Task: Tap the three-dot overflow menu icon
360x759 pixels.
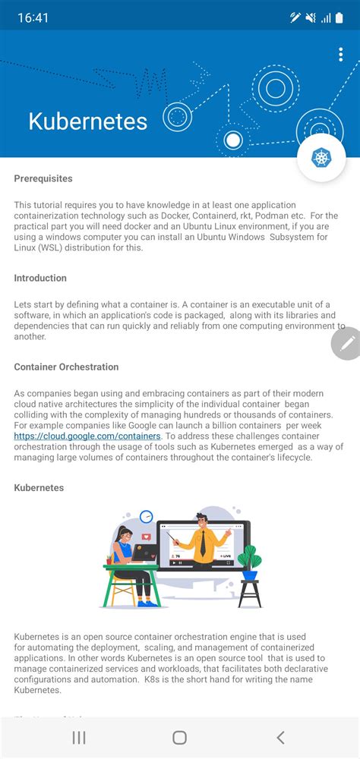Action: click(x=341, y=55)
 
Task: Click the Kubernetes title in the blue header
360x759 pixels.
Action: click(x=87, y=121)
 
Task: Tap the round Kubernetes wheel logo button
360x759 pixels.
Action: click(x=321, y=158)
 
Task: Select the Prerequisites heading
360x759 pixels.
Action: click(x=43, y=178)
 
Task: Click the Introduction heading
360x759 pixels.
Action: click(x=40, y=278)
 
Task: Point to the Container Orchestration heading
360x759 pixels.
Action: click(x=66, y=367)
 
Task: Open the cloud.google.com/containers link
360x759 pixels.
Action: click(x=87, y=436)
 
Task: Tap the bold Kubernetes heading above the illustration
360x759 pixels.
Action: click(x=39, y=487)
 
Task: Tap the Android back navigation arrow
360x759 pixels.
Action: click(x=280, y=737)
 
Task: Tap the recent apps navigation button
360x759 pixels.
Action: click(x=79, y=737)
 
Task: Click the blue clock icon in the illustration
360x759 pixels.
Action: click(x=147, y=517)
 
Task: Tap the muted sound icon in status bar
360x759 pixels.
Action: click(x=311, y=17)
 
